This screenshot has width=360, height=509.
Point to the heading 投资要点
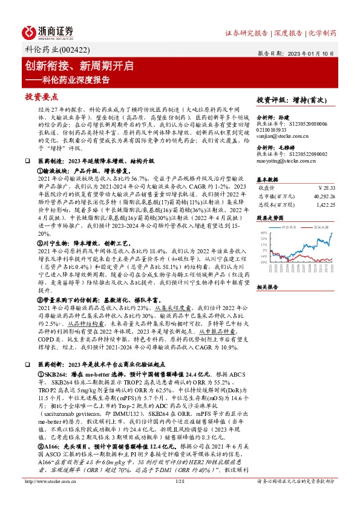(x=42, y=97)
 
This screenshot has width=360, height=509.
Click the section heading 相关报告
(x=269, y=287)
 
